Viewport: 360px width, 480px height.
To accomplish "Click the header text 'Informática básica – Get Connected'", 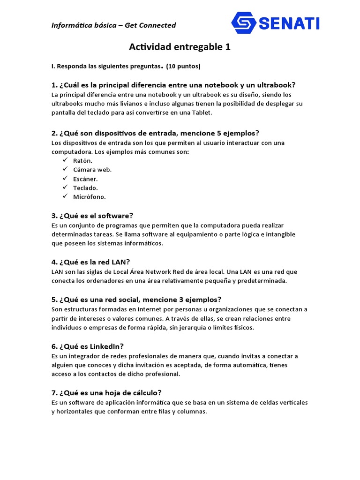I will point(113,25).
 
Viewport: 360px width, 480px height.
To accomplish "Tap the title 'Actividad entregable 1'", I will point(180,47).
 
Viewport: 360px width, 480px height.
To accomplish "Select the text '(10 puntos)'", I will point(183,67).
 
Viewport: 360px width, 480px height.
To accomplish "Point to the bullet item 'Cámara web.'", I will point(92,170).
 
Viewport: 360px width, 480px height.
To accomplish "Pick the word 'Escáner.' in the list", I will point(85,179).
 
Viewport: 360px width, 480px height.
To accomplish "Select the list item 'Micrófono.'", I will point(89,197).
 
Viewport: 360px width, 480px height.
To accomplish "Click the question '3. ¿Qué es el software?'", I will point(92,216).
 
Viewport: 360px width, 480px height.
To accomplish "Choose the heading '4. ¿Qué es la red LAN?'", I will point(90,262).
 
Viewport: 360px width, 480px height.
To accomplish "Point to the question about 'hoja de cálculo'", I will point(106,392).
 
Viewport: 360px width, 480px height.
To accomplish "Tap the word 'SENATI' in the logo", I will point(289,22).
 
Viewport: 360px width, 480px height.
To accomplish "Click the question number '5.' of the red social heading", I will point(54,300).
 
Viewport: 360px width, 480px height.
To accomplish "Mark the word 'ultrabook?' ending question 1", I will point(276,85).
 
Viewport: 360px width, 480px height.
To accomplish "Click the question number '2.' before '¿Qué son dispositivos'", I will point(54,133).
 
